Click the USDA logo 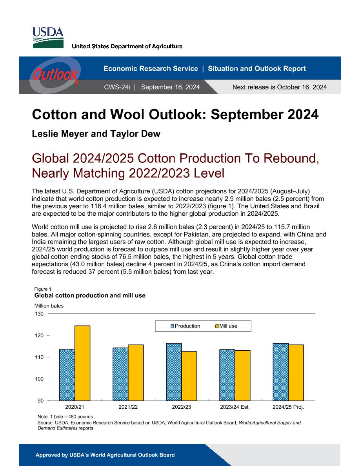48,38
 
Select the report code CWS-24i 117,87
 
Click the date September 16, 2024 170,87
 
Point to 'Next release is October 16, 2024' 280,87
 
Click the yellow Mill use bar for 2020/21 82,363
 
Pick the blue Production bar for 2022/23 174,372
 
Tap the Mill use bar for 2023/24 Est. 242,376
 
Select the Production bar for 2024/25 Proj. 280,372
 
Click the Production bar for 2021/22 120,374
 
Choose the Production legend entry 185,326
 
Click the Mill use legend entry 226,326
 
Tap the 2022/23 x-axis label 182,407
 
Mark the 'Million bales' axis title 49,306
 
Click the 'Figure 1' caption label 43,289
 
